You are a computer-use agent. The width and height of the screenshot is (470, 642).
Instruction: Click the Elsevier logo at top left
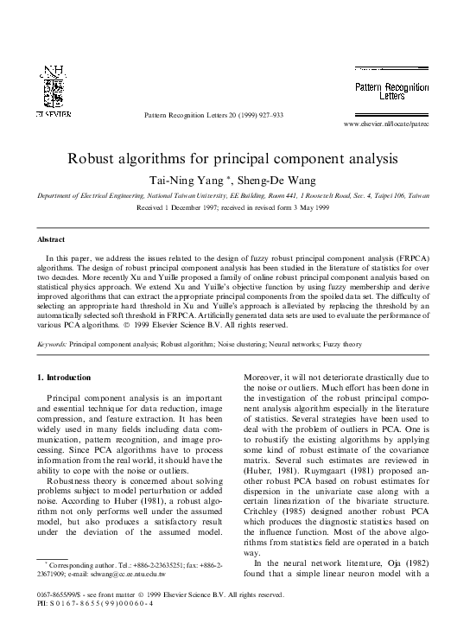[53, 91]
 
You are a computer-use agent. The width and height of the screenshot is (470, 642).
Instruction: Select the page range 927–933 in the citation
[270, 115]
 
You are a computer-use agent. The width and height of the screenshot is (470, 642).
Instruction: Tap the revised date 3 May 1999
[311, 207]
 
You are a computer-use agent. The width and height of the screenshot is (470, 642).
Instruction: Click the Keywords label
[51, 344]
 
